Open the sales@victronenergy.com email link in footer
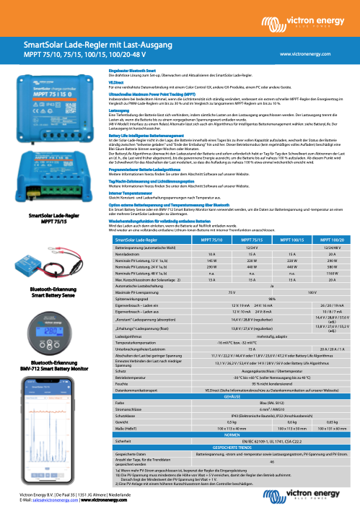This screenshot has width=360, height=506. click(x=54, y=499)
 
